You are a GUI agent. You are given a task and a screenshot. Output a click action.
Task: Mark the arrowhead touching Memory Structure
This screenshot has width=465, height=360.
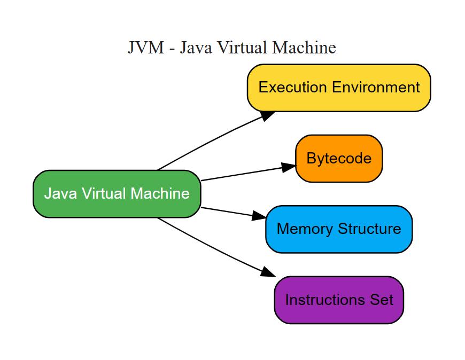click(259, 216)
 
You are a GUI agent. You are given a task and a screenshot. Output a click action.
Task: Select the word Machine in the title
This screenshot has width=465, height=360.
click(304, 48)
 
